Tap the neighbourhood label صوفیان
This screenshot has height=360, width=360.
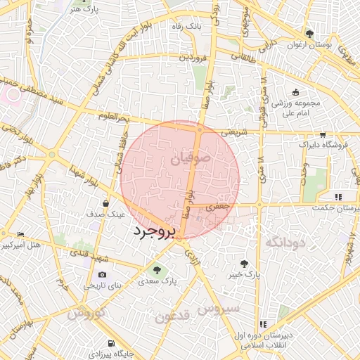tap(191, 160)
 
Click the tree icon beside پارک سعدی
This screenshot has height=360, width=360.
tap(157, 269)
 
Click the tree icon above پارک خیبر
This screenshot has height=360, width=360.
tap(244, 264)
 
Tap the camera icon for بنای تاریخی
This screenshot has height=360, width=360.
tap(103, 274)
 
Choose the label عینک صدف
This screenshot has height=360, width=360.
tap(106, 213)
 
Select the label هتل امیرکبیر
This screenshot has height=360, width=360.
tap(22, 245)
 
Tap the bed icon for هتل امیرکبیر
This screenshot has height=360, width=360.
tap(20, 235)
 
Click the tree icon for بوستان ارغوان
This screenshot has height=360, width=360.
tap(309, 34)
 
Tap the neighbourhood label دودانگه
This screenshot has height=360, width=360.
tap(284, 242)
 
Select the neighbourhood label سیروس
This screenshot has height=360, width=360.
tap(218, 308)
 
